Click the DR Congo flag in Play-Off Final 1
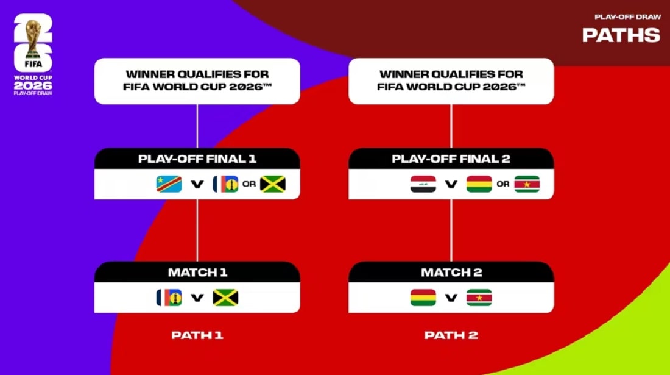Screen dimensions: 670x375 (169, 184)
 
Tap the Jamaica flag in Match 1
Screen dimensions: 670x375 (225, 298)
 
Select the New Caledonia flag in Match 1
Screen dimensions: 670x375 (169, 298)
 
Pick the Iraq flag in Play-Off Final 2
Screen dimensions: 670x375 (423, 184)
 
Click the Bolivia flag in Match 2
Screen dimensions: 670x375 (423, 298)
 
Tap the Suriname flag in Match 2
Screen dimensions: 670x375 (479, 298)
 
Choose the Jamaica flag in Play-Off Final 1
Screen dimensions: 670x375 (273, 184)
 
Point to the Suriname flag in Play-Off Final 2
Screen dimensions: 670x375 (527, 184)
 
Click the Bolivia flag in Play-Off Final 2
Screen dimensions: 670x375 (479, 184)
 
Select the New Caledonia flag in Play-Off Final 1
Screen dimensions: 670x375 (225, 184)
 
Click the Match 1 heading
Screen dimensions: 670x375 (197, 273)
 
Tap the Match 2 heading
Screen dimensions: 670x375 (451, 273)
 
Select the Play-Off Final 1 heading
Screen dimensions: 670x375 (197, 159)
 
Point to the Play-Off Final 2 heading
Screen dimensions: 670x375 (451, 159)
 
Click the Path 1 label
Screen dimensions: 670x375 (197, 335)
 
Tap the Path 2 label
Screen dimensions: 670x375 (451, 335)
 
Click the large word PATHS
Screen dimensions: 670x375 (621, 35)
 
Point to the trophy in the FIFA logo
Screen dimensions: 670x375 (33, 38)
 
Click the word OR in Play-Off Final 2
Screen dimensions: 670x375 (503, 184)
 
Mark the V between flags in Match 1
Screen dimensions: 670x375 (197, 298)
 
